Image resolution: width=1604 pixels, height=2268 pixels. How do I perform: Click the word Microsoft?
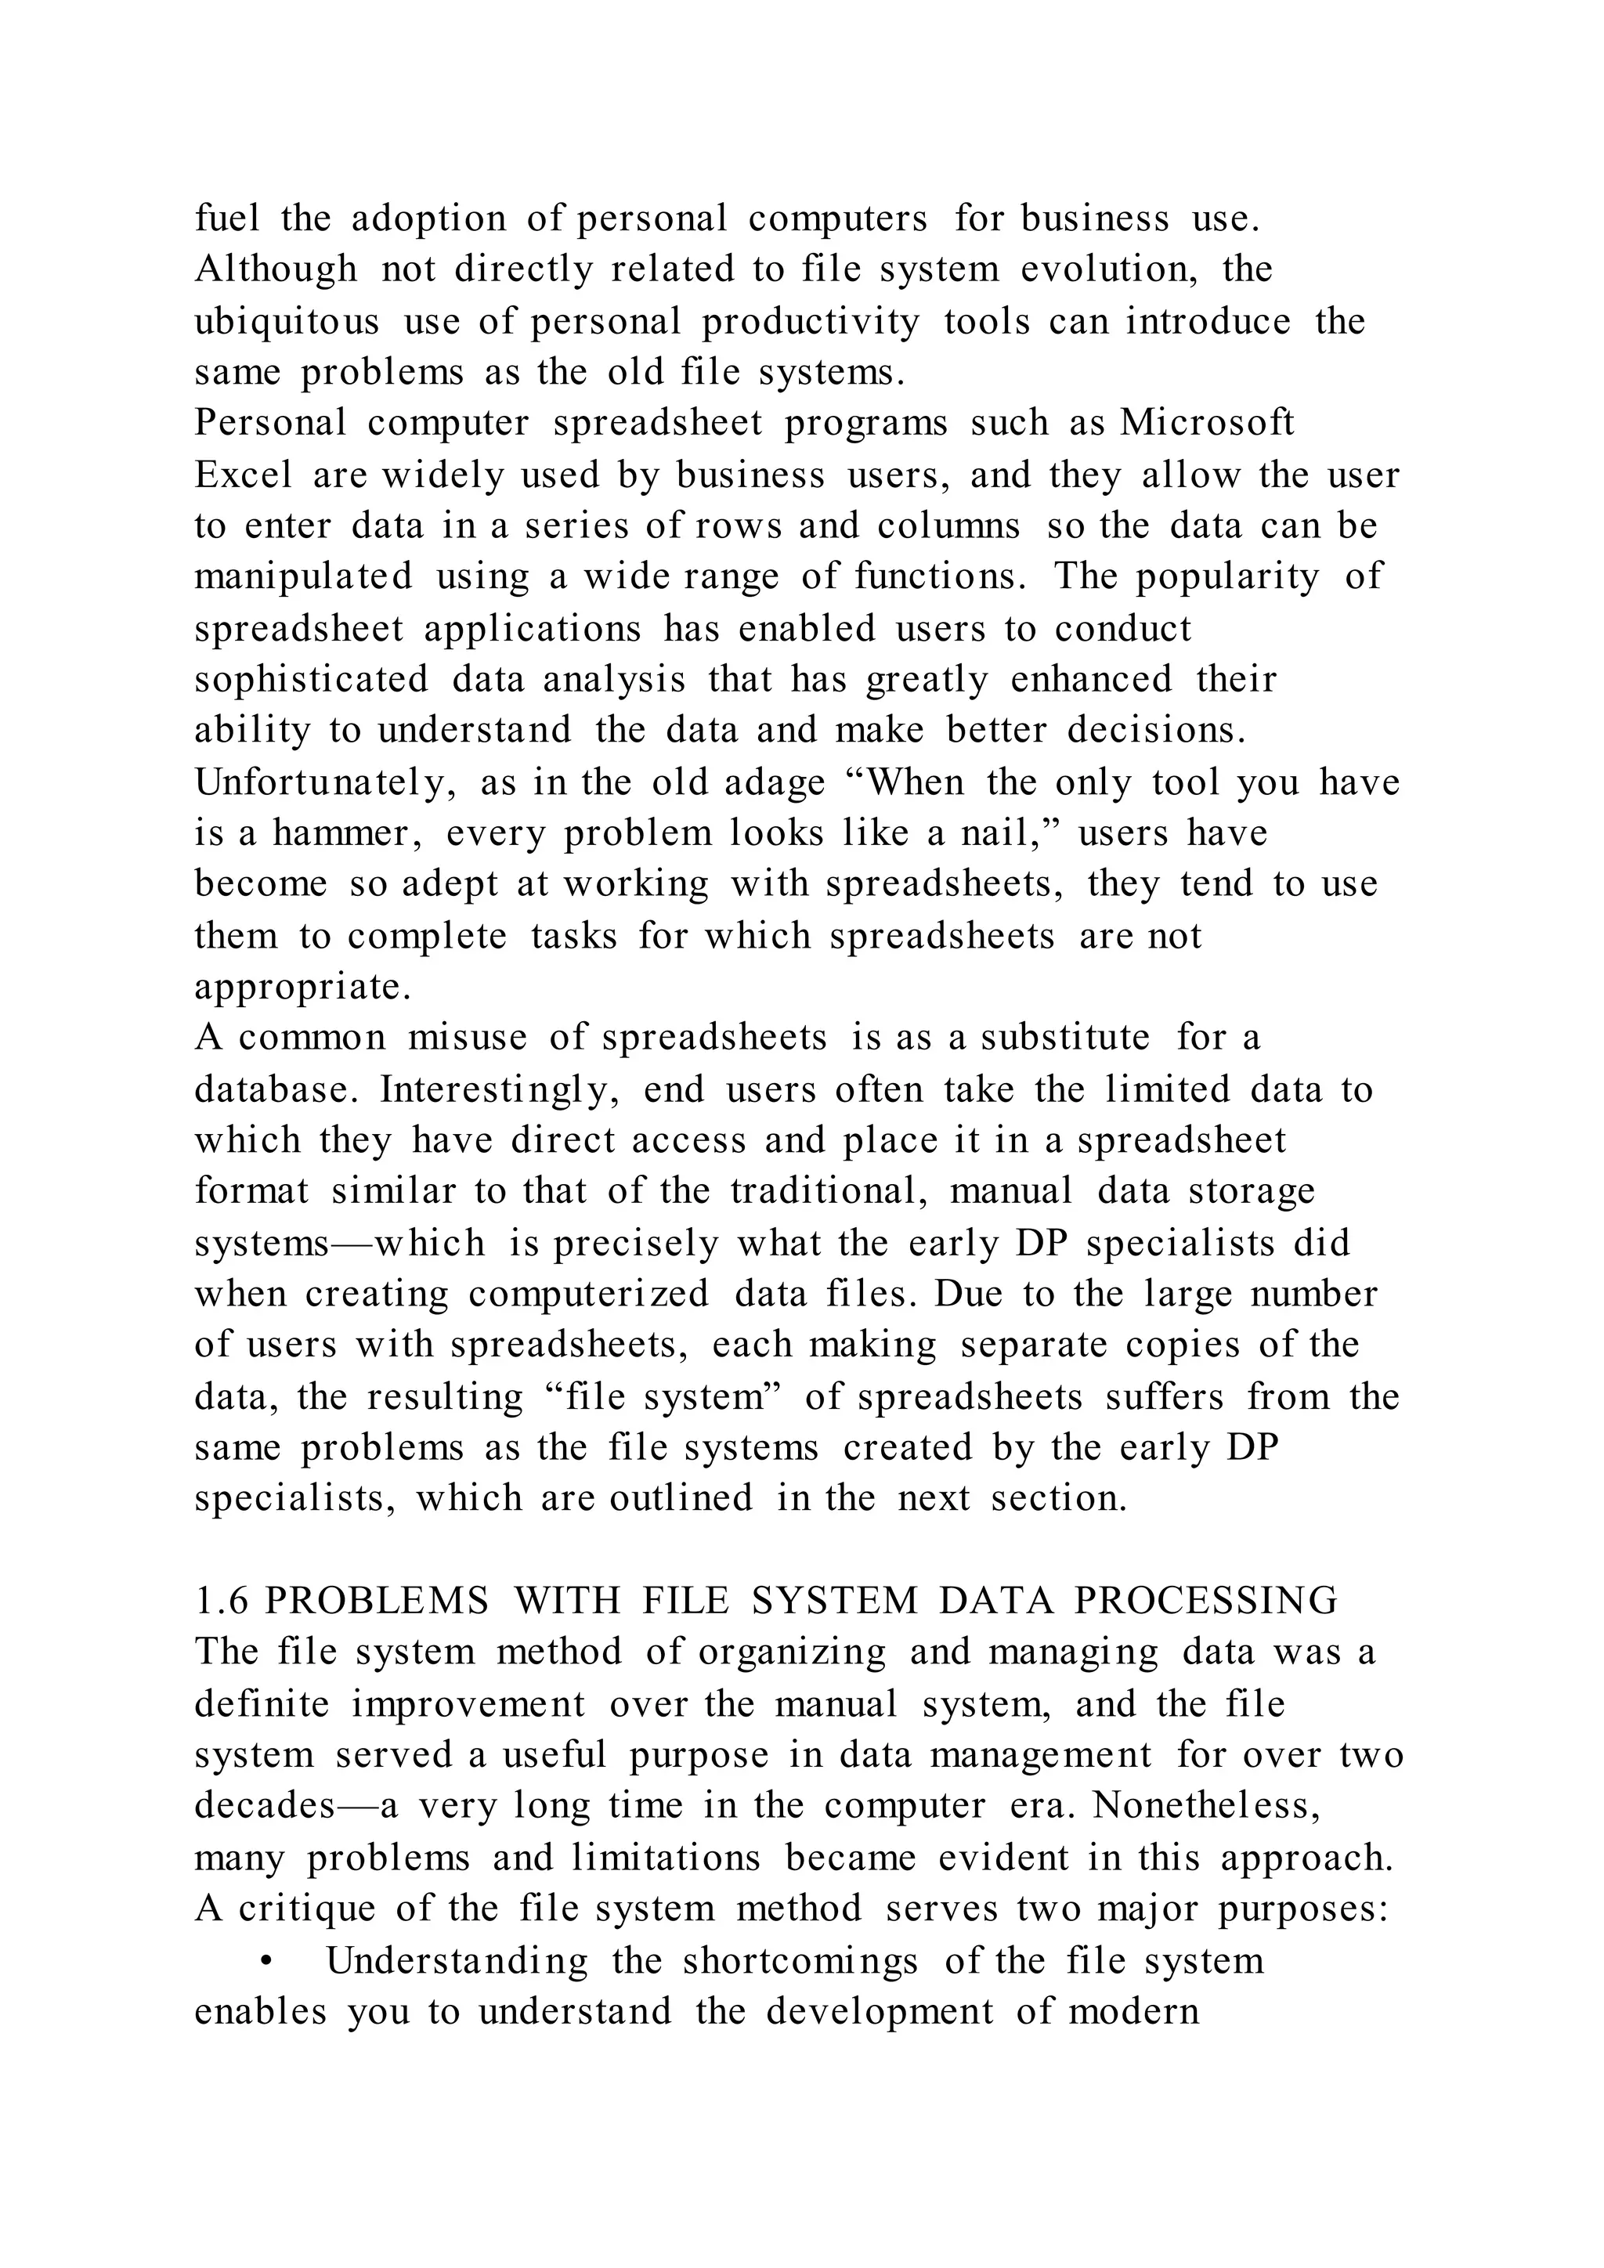1206,423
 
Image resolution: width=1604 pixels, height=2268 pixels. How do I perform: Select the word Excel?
243,475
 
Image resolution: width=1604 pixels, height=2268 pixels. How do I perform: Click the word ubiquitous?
287,321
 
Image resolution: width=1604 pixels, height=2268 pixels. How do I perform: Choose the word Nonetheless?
1206,1804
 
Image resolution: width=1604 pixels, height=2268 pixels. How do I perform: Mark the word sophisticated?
311,680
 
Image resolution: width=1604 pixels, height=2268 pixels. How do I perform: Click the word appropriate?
302,987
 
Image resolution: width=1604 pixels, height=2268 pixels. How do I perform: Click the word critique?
306,1908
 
